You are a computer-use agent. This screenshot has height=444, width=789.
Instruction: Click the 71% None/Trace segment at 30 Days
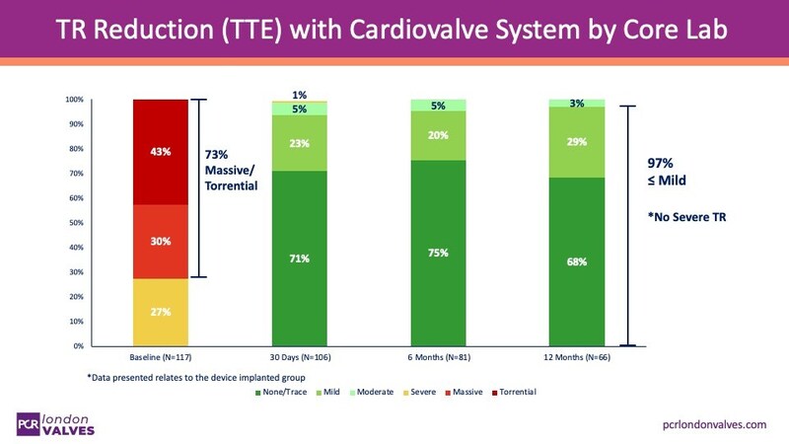pos(299,259)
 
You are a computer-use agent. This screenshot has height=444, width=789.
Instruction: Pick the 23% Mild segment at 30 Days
pos(299,143)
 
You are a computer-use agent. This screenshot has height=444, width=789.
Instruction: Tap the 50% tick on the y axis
pos(74,223)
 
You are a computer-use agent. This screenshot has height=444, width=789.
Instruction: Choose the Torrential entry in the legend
pos(518,393)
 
